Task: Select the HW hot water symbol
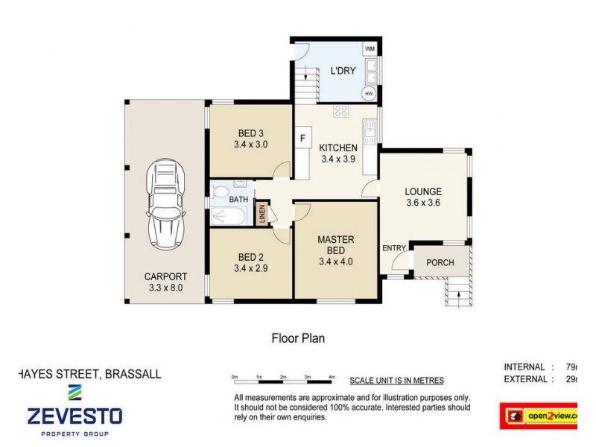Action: click(x=369, y=94)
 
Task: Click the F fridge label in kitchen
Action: click(x=302, y=138)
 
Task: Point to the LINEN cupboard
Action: click(x=261, y=214)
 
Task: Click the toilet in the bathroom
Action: click(x=221, y=191)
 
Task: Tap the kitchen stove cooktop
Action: click(x=341, y=112)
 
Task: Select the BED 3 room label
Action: click(x=250, y=133)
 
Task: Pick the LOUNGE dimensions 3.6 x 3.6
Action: click(x=424, y=203)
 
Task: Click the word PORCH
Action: click(x=440, y=262)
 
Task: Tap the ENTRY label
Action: click(x=394, y=248)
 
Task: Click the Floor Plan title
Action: click(x=297, y=338)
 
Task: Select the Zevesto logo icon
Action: click(x=74, y=392)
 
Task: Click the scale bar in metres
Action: click(x=283, y=378)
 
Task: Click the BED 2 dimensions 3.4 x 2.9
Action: click(x=250, y=268)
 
